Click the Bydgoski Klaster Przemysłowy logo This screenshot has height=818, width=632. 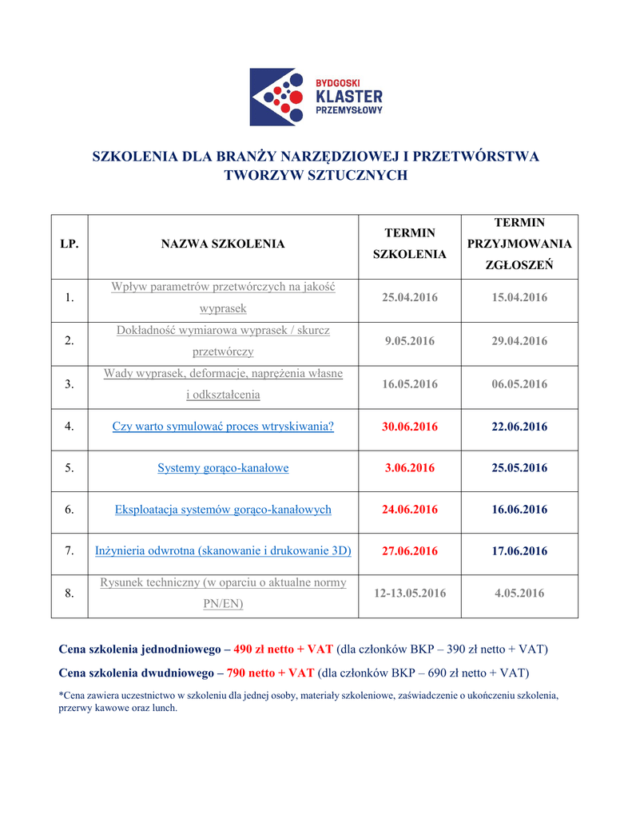point(316,97)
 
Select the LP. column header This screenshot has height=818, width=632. point(69,244)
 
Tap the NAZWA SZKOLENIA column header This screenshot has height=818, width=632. point(223,244)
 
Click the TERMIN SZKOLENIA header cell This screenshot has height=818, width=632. point(410,244)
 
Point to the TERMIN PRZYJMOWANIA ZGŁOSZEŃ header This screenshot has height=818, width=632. point(519,244)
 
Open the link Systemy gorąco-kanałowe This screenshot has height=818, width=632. point(223,468)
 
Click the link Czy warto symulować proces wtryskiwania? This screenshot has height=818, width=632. point(223,427)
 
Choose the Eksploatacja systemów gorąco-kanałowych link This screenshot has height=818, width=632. point(223,510)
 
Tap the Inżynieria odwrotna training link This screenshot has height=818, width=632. point(223,551)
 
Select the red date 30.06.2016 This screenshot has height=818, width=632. point(410,427)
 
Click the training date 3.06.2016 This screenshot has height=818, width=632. point(410,468)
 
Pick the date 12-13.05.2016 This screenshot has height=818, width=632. point(410,593)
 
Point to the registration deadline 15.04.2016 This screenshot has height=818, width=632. point(519,297)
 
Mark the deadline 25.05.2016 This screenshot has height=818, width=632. point(519,468)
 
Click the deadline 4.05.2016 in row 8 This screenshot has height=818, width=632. point(519,593)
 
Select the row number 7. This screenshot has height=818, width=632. point(70,551)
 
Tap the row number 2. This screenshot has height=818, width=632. point(70,341)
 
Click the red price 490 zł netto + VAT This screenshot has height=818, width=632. point(283,649)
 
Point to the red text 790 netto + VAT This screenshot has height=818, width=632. point(271,673)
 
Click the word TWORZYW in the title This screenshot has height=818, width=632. point(256,175)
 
